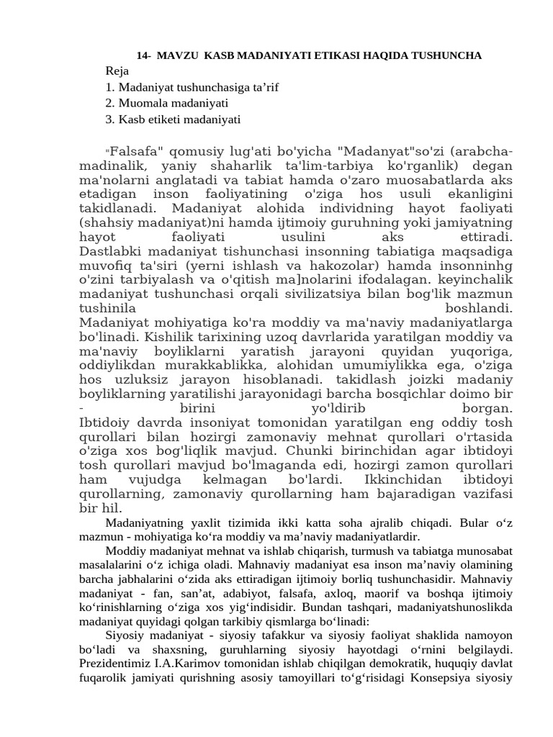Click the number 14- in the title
point(144,55)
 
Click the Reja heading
point(117,71)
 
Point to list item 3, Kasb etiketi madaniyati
point(173,119)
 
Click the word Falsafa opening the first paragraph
point(138,153)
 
